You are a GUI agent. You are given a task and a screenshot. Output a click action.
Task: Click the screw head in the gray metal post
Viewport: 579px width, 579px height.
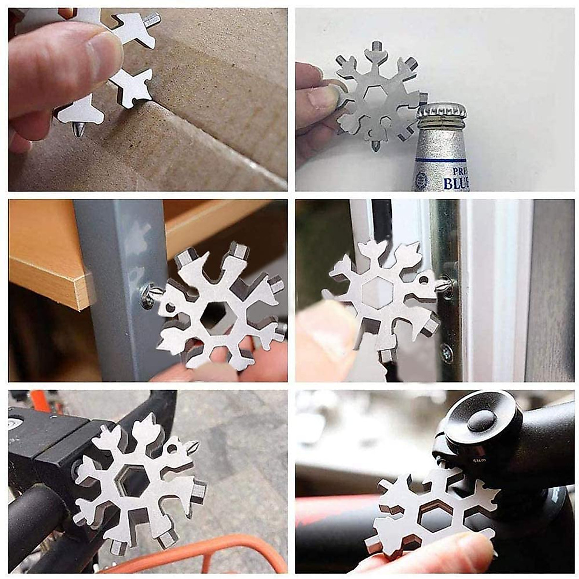pos(147,296)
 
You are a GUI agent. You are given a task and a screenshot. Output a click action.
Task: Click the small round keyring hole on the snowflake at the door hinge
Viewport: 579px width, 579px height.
pos(423,279)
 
